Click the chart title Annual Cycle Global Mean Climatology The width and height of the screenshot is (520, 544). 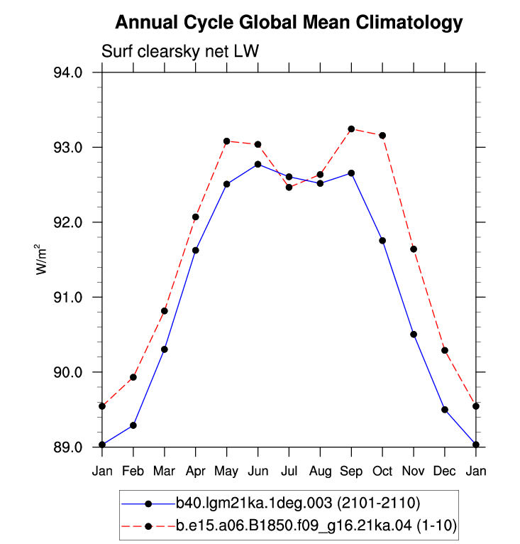coord(289,23)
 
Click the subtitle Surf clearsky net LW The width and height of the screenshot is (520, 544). coord(180,52)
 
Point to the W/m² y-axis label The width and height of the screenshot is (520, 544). coord(41,259)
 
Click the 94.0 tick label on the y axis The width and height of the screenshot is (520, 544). coord(68,72)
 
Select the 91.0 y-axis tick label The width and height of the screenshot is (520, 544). coord(68,298)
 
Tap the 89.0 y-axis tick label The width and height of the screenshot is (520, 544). coord(68,447)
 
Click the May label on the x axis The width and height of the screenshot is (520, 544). coord(226,472)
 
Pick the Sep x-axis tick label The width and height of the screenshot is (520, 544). coord(351,472)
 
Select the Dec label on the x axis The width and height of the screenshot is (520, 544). coord(444,471)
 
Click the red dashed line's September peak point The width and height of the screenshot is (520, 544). coord(351,129)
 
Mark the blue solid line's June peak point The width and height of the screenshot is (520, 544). coord(258,164)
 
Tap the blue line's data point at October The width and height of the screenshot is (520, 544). coord(382,241)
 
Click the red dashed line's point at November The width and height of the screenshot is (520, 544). coord(414,249)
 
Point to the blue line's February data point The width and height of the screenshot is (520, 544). coord(133,425)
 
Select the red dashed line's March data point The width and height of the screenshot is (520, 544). coord(165,311)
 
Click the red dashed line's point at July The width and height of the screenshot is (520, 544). coord(289,187)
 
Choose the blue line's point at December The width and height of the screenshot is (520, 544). coord(445,410)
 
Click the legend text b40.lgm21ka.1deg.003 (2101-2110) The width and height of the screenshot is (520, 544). coord(298,503)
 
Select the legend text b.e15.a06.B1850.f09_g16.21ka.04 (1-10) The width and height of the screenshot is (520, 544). coord(316,526)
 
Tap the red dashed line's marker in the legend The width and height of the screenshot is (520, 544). coord(148,526)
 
